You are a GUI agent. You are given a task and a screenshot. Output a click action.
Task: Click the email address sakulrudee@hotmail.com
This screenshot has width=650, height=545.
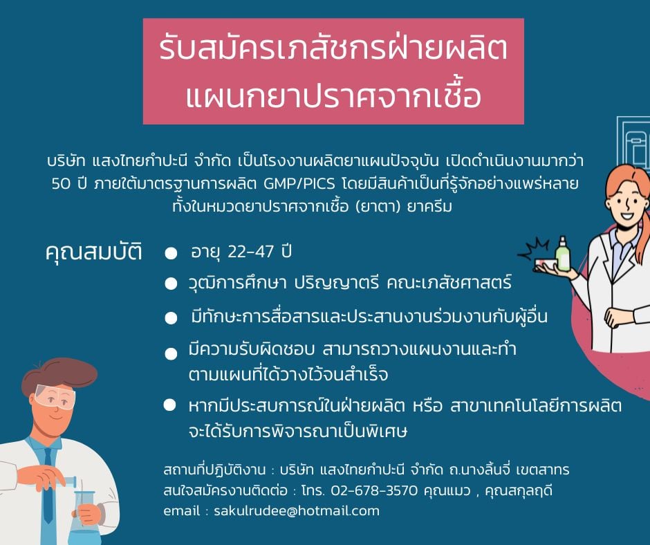point(297,510)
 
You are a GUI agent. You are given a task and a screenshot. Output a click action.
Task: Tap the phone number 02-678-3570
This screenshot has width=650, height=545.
point(374,490)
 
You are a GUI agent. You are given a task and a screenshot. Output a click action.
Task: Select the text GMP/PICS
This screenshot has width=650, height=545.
point(299,183)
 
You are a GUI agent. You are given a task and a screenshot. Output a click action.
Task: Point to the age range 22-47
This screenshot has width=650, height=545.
point(251,251)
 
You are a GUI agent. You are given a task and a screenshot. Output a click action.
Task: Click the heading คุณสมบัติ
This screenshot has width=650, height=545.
point(93,252)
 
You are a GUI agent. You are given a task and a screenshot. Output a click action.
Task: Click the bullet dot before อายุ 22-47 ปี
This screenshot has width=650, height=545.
point(171,253)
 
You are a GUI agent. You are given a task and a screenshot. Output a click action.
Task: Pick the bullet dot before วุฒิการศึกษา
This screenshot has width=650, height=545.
point(171,284)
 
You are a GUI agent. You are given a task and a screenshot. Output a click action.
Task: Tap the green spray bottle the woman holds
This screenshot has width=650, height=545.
point(563,254)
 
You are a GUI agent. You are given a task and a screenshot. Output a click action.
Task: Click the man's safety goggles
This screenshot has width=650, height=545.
point(55,396)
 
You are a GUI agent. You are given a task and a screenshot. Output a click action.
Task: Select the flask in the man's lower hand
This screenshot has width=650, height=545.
point(85,517)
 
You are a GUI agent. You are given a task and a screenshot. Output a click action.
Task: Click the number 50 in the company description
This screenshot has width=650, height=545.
point(62,183)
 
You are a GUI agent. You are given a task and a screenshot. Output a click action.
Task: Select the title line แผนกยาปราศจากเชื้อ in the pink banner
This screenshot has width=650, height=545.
point(333,96)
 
